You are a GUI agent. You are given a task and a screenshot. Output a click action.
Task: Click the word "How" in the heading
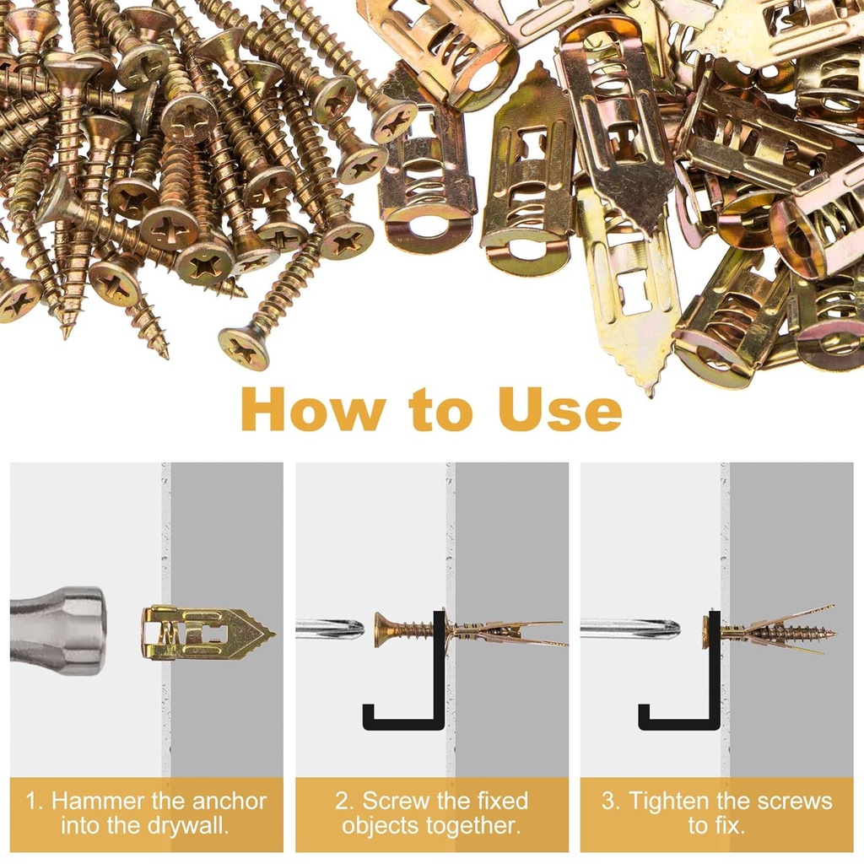click(x=313, y=411)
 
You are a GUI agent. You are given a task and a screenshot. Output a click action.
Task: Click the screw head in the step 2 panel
click(x=381, y=629)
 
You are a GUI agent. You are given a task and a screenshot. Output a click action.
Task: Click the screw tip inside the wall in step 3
click(x=830, y=632)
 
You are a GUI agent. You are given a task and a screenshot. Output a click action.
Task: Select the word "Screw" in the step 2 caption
click(x=397, y=802)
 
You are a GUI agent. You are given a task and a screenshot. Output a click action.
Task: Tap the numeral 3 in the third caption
click(x=609, y=802)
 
